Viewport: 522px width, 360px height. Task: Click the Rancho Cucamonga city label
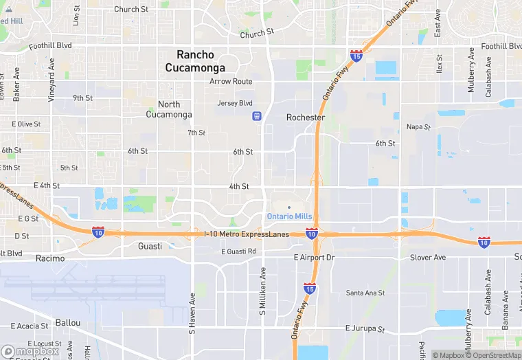point(195,61)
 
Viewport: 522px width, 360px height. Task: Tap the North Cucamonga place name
point(169,109)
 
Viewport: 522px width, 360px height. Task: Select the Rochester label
point(306,117)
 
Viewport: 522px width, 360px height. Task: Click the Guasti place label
point(150,246)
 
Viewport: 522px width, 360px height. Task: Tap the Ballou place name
point(68,322)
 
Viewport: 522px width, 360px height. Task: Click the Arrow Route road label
point(231,81)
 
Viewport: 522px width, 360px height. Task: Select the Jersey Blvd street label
point(235,103)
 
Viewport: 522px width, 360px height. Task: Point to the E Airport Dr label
point(314,257)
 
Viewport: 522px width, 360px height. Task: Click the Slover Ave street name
point(428,257)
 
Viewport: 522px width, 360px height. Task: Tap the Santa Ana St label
point(365,293)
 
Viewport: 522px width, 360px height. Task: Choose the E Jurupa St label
point(365,328)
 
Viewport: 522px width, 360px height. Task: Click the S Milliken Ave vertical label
point(262,291)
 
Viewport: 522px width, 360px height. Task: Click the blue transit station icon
point(257,116)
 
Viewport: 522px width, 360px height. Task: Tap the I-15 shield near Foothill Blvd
point(356,54)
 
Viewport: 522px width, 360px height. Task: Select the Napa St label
point(418,126)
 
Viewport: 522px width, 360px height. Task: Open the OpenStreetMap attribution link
point(493,355)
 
